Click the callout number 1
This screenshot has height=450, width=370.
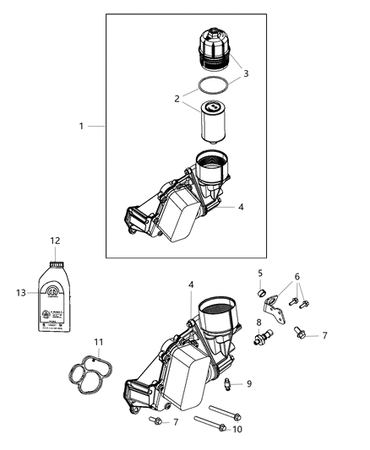(82, 126)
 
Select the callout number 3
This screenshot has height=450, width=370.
(246, 73)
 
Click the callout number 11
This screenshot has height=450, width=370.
(98, 342)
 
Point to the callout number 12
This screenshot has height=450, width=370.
(55, 241)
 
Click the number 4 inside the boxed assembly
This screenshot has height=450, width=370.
(242, 205)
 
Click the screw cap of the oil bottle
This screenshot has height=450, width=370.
(57, 264)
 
